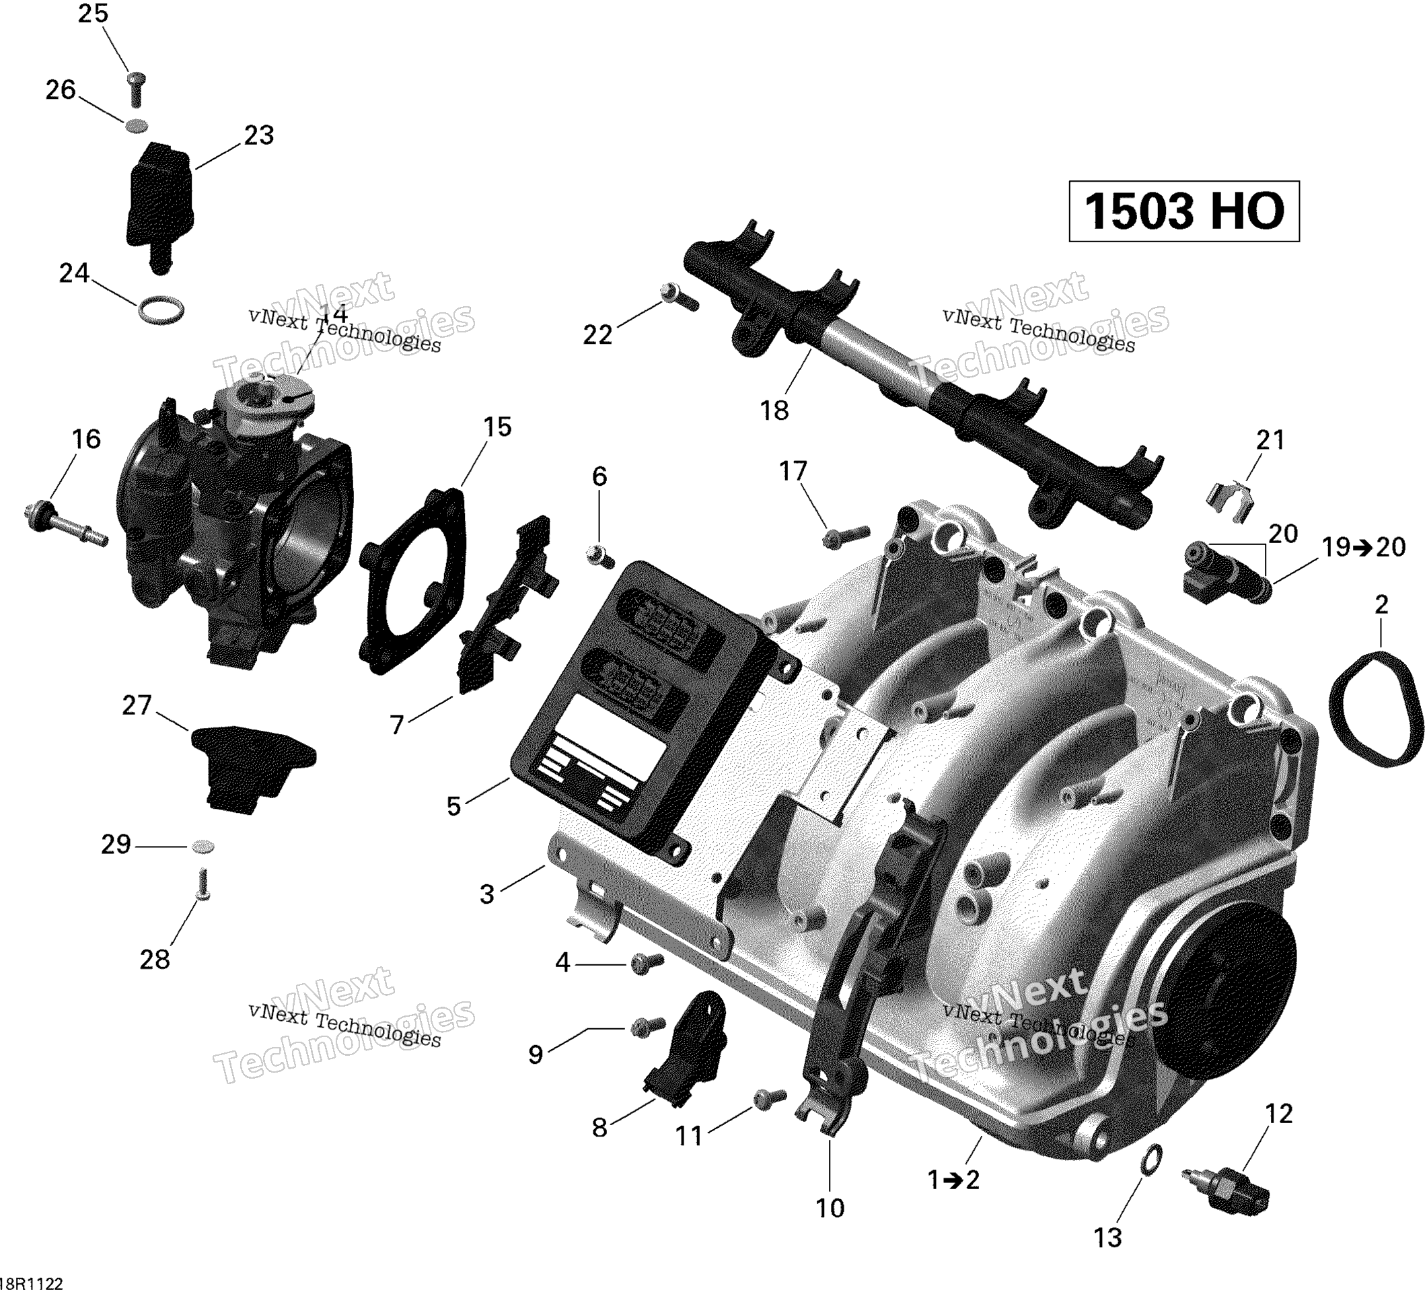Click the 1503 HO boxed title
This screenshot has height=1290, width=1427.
tap(1183, 211)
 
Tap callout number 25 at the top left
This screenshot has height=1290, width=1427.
tap(93, 13)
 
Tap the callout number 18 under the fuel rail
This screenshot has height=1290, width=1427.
tap(774, 410)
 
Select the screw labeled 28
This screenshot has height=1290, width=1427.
tap(202, 885)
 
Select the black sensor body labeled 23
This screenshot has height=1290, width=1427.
tap(159, 202)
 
